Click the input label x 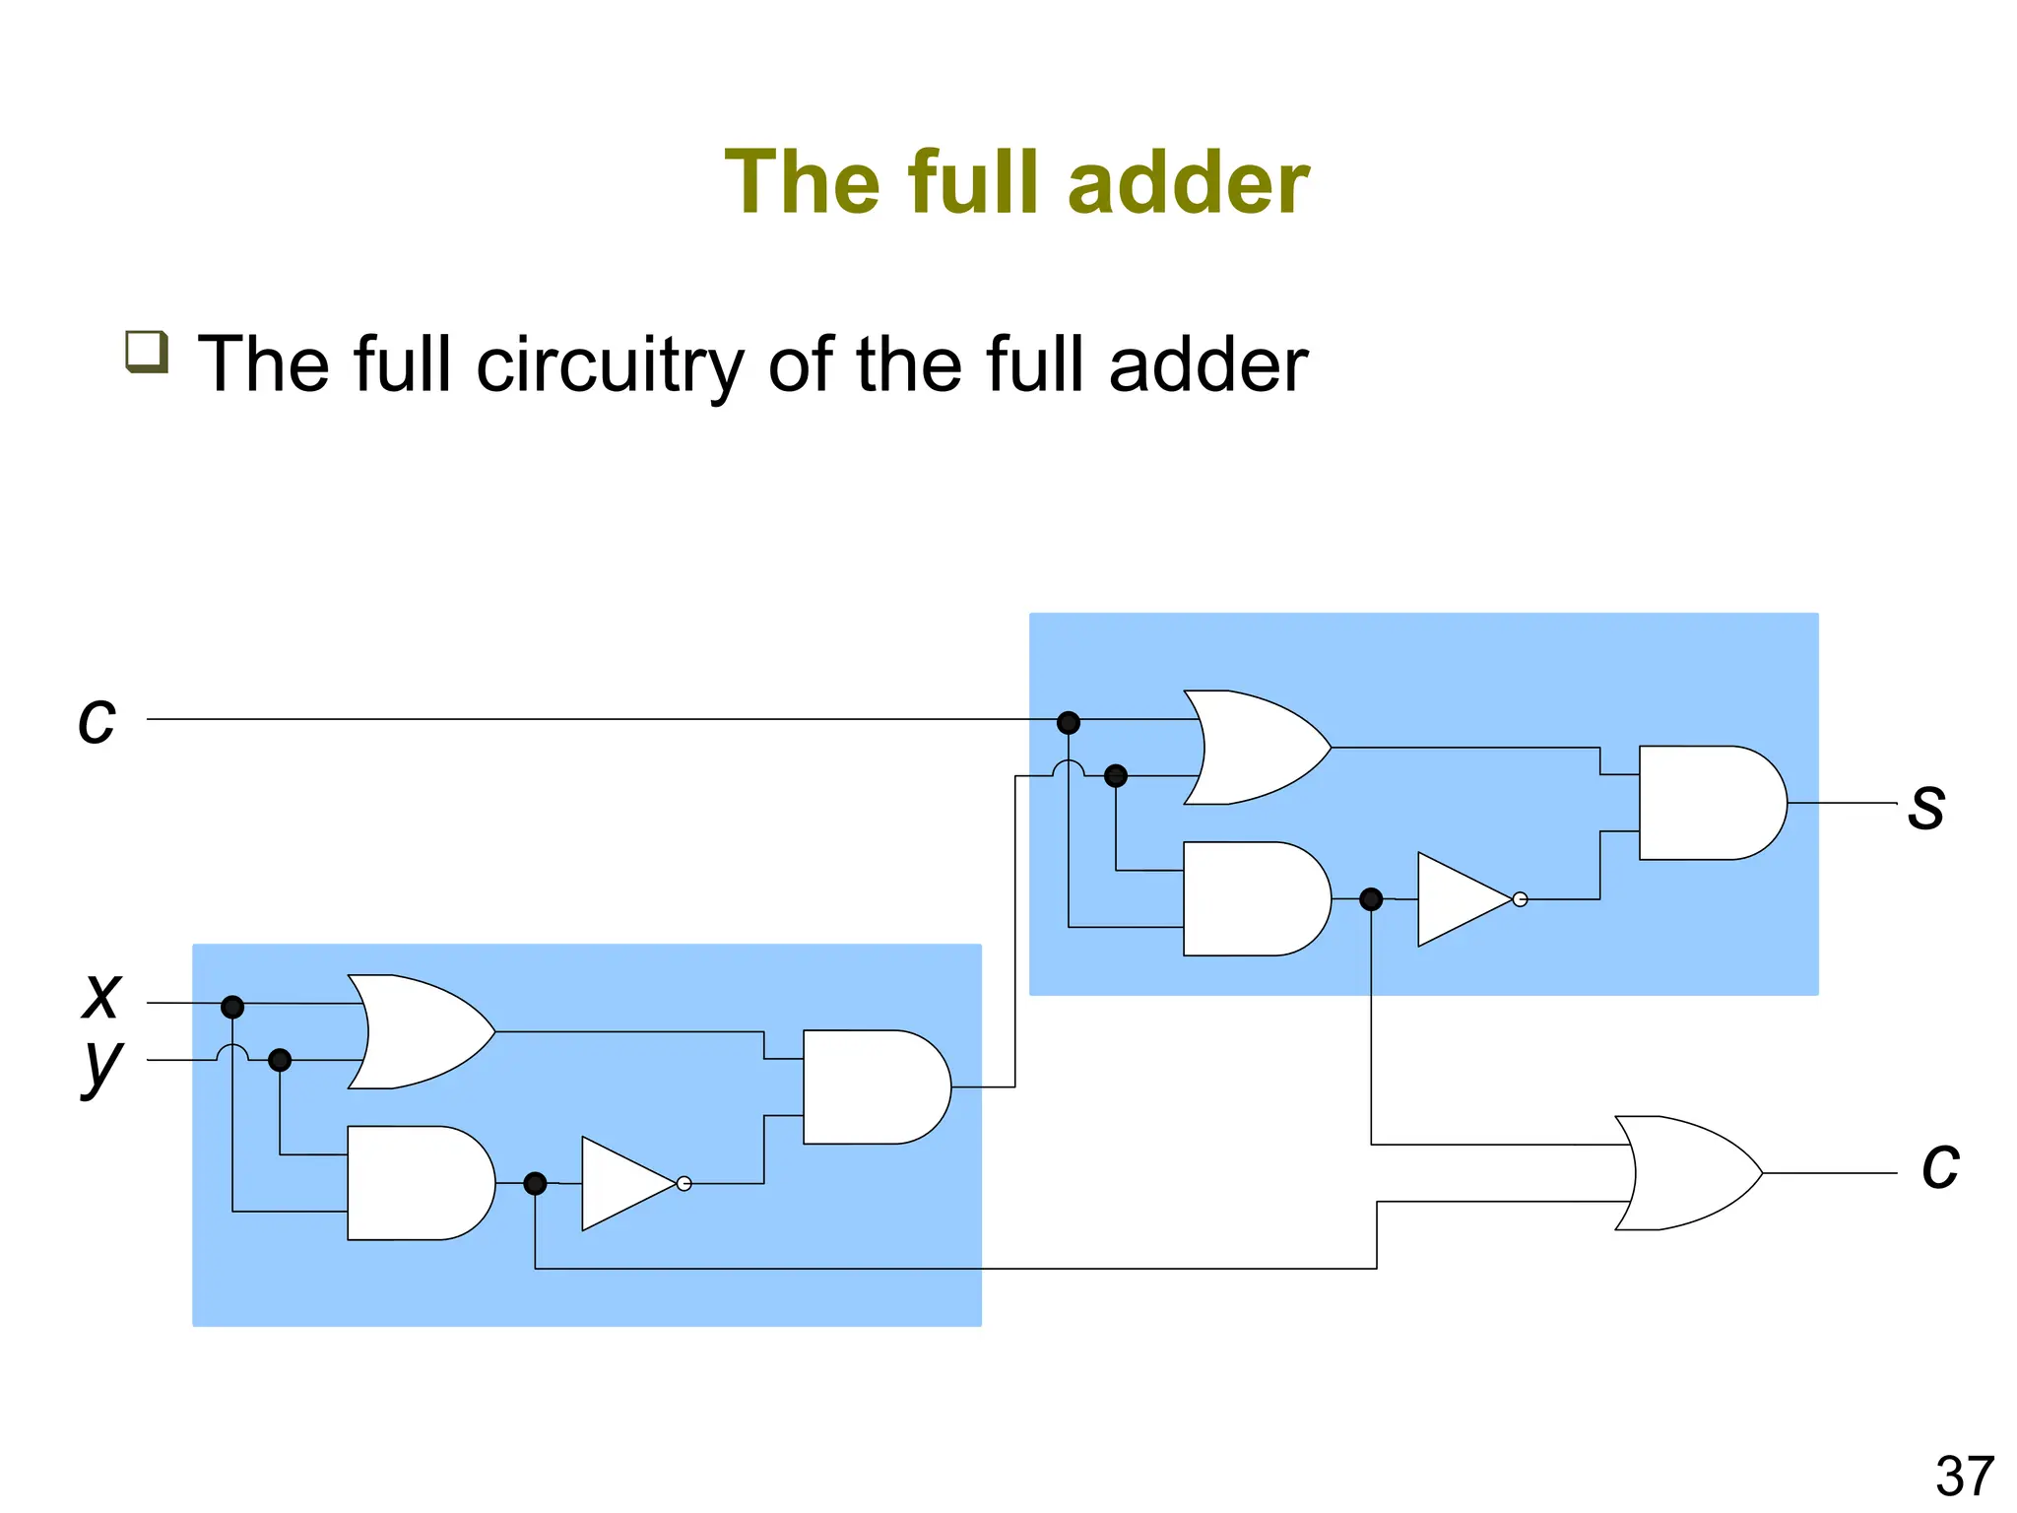101,996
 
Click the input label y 101,1065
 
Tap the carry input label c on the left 97,720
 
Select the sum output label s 1926,806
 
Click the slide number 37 1964,1477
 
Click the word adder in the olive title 1188,182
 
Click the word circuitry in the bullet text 610,364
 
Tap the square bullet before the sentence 147,352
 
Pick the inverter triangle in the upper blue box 1462,899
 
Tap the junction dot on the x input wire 232,1007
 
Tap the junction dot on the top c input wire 1069,723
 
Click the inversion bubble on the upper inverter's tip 1520,899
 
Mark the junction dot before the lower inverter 535,1183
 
